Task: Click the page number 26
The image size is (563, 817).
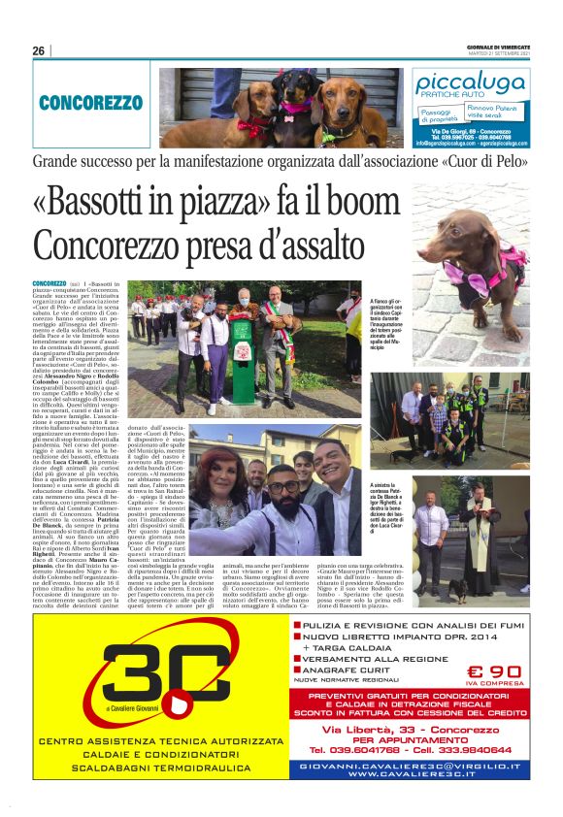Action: point(38,50)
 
